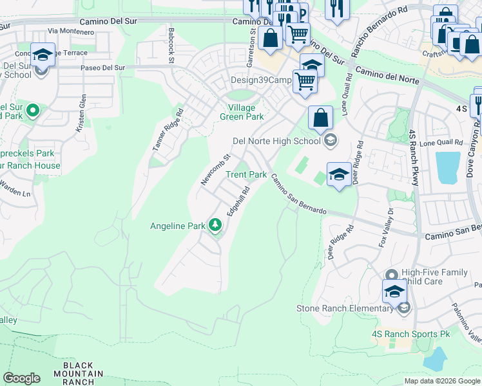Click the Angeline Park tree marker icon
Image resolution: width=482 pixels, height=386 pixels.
(215, 225)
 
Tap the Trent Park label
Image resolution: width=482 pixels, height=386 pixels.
(246, 175)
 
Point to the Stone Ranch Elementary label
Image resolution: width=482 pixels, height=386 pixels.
(345, 308)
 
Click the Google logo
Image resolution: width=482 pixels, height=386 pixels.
(21, 378)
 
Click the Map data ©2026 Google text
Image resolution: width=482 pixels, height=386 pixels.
(442, 381)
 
